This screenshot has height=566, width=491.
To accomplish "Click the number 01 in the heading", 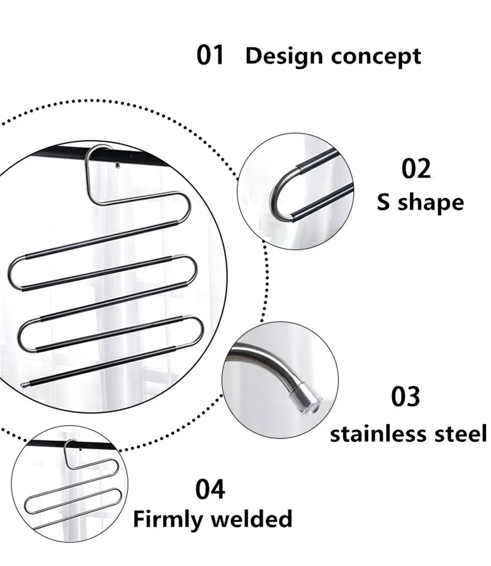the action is point(210,55).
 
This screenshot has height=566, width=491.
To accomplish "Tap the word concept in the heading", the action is point(376,57).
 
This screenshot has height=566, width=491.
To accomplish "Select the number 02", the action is point(416,169).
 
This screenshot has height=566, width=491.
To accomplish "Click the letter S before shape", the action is point(384,202).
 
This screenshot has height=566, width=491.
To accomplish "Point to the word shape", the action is point(431,203).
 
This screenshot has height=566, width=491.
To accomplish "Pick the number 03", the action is point(406,396).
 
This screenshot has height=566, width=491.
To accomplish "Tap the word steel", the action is point(459,434).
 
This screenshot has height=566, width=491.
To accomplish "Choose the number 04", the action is point(210,490).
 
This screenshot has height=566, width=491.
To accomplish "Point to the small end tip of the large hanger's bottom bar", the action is point(23,382).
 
